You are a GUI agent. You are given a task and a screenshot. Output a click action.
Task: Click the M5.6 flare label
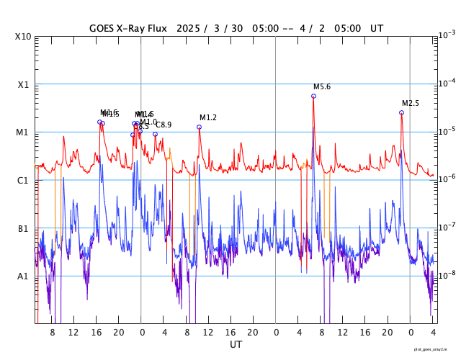click(322, 87)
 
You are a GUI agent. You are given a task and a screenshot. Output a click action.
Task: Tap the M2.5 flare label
click(411, 104)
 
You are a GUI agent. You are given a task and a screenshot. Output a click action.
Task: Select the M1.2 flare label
click(208, 118)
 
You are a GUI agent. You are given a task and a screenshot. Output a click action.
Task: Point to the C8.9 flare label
click(164, 125)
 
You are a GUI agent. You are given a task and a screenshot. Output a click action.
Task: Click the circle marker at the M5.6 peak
click(313, 96)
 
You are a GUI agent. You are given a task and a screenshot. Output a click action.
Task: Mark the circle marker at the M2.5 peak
click(401, 112)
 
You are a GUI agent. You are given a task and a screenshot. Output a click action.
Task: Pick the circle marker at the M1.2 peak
click(199, 127)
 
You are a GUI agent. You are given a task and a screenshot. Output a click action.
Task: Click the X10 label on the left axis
click(23, 37)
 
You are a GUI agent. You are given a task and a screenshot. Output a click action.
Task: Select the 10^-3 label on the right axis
click(447, 35)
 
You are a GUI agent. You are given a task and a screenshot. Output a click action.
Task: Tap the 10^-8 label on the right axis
click(447, 274)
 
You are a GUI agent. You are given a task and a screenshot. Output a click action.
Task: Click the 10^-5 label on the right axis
click(447, 130)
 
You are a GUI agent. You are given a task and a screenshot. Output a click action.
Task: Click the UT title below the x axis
click(236, 345)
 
